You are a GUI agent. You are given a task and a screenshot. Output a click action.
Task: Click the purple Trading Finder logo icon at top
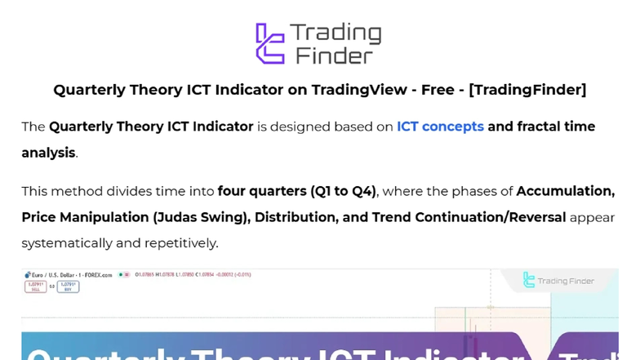pos(270,43)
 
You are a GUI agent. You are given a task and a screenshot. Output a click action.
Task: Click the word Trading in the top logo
pos(336,33)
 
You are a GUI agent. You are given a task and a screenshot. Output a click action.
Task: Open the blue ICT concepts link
pos(440,127)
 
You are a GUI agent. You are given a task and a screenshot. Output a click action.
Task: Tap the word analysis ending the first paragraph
pos(48,153)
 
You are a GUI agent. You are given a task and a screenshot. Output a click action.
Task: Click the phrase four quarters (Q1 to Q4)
pos(296,192)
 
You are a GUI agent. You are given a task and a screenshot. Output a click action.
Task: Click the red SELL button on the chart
pos(34,287)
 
